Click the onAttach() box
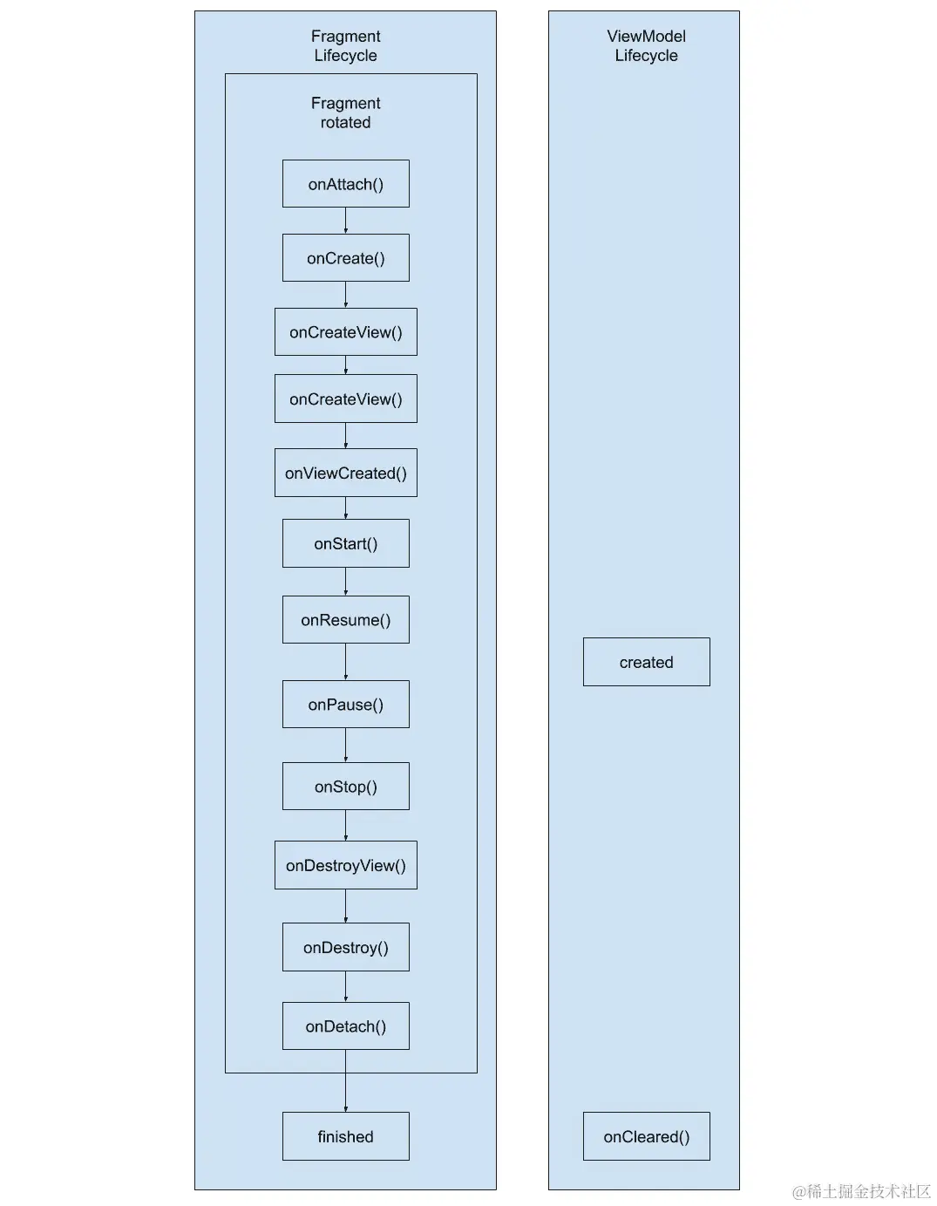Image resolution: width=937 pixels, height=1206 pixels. [x=345, y=184]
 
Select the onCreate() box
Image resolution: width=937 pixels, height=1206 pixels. [x=345, y=258]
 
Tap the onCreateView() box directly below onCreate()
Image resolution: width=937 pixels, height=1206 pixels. [x=345, y=332]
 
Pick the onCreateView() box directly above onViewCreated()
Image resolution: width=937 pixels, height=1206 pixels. [x=345, y=399]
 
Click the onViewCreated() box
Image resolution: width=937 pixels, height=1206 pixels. [x=345, y=474]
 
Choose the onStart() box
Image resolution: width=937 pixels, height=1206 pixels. [x=345, y=544]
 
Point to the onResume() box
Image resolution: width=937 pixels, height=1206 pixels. [x=345, y=620]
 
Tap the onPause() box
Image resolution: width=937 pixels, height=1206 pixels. [x=345, y=705]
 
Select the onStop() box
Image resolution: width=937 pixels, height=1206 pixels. [x=345, y=787]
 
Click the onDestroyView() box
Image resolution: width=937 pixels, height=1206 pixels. [x=345, y=866]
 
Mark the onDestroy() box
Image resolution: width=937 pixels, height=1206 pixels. [x=345, y=948]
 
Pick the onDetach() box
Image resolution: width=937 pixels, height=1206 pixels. [x=345, y=1026]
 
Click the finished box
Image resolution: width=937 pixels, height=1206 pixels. [x=345, y=1136]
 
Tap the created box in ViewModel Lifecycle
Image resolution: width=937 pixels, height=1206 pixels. [x=646, y=663]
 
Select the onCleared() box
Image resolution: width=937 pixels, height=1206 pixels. [x=646, y=1136]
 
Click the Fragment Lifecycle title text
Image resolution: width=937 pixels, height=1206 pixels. [x=345, y=45]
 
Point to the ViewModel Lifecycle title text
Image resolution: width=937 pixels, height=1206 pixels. [x=646, y=45]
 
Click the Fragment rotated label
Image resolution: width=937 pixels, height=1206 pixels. [x=345, y=112]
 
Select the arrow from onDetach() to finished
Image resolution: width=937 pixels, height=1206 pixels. [x=345, y=1081]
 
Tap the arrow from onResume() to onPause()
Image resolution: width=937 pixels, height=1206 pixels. [x=345, y=662]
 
